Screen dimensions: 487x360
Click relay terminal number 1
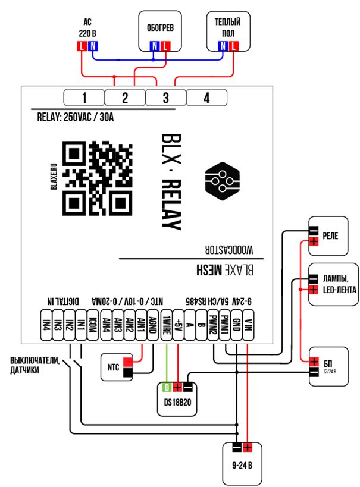84,98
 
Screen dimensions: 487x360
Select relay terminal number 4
206,98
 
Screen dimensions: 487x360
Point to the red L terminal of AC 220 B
82,46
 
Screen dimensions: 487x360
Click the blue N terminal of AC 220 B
93,46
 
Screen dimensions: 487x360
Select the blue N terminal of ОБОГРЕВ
154,46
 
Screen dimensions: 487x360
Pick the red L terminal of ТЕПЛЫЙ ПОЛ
234,46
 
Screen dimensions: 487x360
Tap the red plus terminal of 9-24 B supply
248,448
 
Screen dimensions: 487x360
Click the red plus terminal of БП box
314,362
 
